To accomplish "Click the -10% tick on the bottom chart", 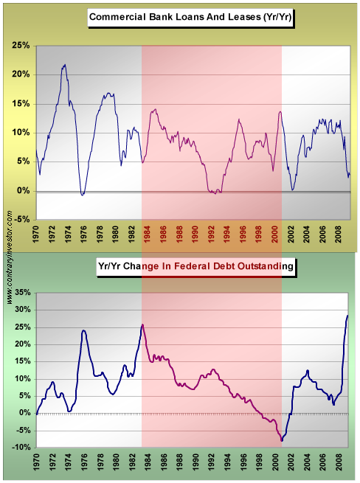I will click(x=21, y=448).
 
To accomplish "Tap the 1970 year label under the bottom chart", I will click(x=36, y=465).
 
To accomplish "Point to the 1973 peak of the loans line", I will click(x=65, y=65).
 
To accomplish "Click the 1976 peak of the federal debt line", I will click(x=83, y=330).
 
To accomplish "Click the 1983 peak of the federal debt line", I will click(x=142, y=324).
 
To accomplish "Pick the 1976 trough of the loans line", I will click(x=83, y=195).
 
